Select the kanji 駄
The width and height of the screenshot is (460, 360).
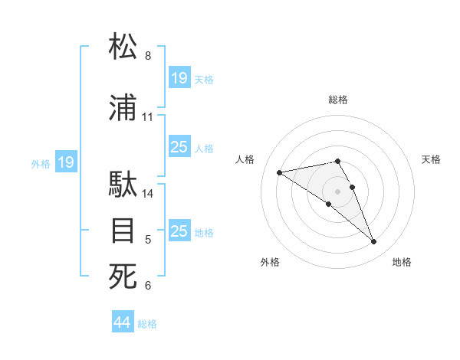point(123,185)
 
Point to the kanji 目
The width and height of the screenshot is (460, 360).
point(123,231)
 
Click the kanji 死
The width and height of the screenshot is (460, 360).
point(123,277)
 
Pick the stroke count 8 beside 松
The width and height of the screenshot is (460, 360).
point(148,56)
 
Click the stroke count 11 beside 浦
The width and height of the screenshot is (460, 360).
point(148,117)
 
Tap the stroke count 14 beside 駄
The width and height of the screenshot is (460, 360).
point(148,194)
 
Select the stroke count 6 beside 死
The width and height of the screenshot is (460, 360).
point(148,286)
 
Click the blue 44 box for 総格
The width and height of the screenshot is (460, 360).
point(122,322)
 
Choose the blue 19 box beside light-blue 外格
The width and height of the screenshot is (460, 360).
point(66,162)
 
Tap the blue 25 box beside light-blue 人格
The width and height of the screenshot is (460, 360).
point(179,147)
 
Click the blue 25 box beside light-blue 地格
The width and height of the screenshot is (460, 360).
point(179,231)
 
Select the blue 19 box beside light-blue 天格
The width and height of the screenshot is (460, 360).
point(179,78)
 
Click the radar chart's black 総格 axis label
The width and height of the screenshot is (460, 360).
point(338,100)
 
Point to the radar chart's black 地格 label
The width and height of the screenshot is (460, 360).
point(402,262)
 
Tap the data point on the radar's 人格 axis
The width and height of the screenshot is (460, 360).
point(279,172)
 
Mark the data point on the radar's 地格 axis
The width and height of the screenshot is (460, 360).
point(374,242)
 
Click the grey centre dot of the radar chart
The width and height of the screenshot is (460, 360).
point(337,191)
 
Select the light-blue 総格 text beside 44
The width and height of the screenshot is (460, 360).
point(147,324)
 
